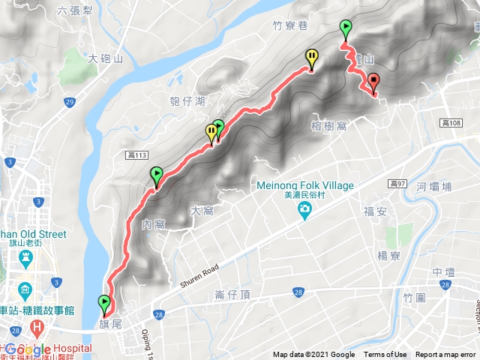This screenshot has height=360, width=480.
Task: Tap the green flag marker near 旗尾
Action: tap(103, 304)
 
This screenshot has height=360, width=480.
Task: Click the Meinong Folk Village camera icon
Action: tap(304, 212)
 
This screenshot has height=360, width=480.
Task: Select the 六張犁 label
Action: tap(75, 12)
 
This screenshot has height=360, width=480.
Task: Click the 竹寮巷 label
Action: tap(291, 25)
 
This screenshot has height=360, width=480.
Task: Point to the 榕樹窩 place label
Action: tap(327, 126)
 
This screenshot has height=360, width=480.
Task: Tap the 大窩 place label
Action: tap(202, 211)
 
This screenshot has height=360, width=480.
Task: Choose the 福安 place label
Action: tap(375, 211)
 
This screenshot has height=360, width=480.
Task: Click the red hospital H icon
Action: tap(35, 329)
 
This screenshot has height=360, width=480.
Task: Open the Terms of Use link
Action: tap(385, 355)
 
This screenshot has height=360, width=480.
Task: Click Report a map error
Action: tap(446, 355)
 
